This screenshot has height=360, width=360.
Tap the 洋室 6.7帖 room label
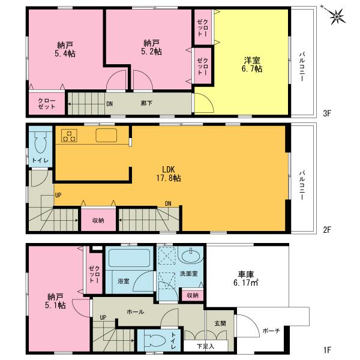click(x=251, y=64)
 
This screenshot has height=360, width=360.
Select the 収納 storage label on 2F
click(x=98, y=221)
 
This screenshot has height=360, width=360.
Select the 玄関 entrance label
click(x=220, y=323)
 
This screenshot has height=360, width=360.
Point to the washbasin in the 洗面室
click(x=192, y=257)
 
